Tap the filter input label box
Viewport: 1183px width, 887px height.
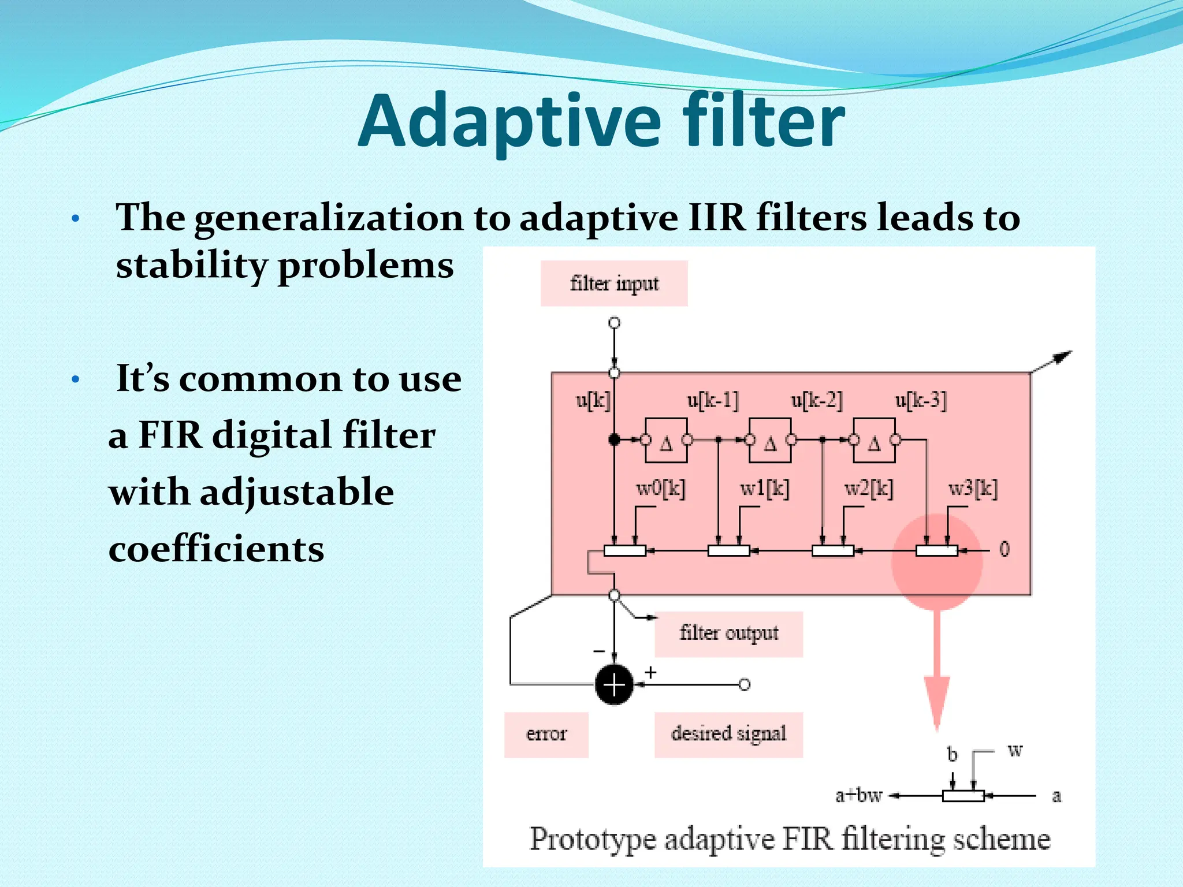(614, 284)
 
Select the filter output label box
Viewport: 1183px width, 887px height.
(728, 633)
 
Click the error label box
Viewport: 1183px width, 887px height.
(546, 734)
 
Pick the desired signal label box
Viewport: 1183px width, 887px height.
(728, 734)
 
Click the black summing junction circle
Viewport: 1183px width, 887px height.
(614, 685)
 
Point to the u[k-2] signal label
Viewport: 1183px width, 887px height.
(816, 400)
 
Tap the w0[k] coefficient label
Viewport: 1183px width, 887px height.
(660, 489)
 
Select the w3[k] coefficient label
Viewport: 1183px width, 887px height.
(973, 489)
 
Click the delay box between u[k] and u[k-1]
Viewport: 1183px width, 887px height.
(666, 441)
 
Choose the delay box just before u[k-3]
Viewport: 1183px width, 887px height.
(874, 441)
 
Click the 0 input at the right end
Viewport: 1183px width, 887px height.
(1005, 549)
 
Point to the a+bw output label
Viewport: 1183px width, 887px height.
(858, 796)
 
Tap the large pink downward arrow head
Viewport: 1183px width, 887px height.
(937, 702)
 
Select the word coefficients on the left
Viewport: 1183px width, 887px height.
(216, 549)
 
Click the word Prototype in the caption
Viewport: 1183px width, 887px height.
(593, 839)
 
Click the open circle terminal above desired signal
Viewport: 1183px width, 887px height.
(745, 685)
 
